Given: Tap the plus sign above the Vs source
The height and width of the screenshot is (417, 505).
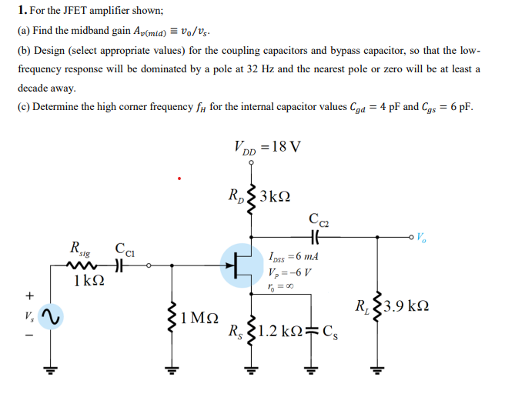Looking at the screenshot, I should [x=30, y=295].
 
